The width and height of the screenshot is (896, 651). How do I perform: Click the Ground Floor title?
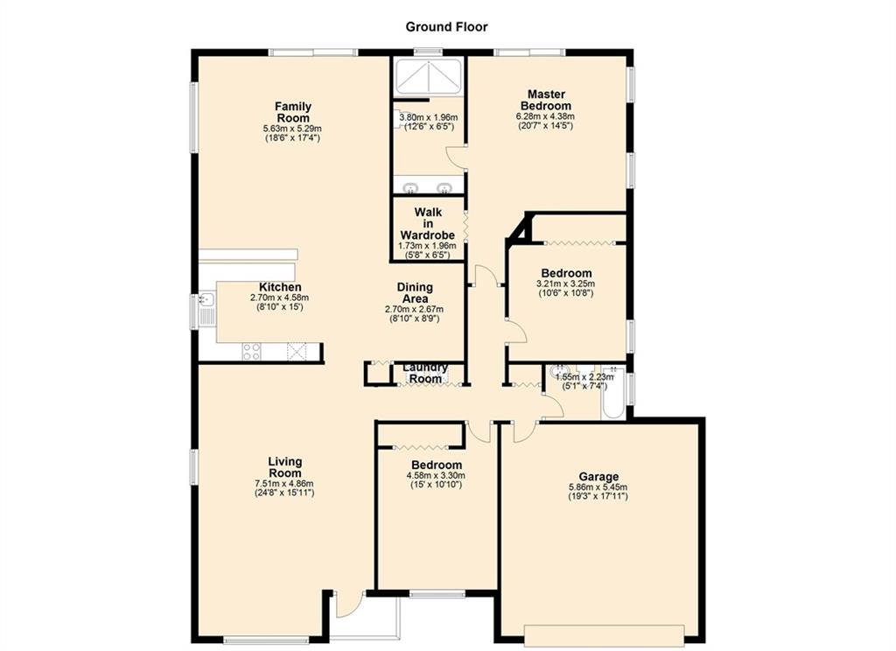(x=446, y=27)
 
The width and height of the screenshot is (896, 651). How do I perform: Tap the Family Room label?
(x=293, y=112)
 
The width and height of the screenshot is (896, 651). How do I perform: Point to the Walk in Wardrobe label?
(x=427, y=223)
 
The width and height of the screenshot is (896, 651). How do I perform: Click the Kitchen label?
(x=280, y=287)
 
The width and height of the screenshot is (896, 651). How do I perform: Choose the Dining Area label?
(x=415, y=292)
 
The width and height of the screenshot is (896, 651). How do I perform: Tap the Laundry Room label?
(x=426, y=373)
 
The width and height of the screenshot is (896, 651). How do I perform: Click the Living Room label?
(x=284, y=467)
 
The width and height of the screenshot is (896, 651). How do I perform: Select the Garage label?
(x=598, y=477)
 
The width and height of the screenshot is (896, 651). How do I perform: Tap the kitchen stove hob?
(x=251, y=352)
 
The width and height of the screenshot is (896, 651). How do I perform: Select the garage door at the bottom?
(x=604, y=635)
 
